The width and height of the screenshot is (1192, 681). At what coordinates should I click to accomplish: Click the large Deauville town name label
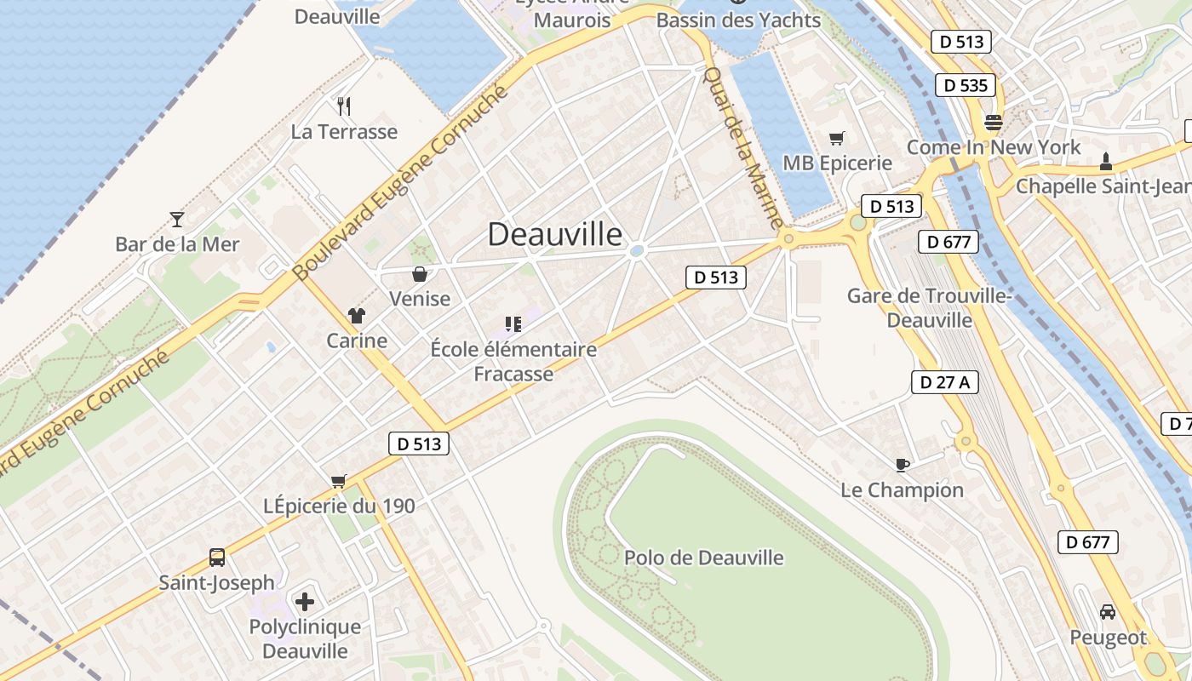point(555,235)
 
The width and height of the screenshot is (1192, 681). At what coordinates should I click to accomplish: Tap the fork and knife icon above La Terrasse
point(344,106)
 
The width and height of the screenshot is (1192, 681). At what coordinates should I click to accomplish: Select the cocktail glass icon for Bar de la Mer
point(177,220)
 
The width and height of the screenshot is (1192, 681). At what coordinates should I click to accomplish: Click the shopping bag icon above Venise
point(420,274)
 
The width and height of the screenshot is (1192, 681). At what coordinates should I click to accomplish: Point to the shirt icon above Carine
point(357,316)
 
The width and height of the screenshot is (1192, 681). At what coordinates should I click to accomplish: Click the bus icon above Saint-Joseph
point(217,558)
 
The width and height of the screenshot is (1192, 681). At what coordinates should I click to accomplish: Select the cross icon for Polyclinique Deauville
point(305,602)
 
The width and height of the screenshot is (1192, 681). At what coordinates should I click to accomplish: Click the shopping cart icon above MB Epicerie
point(837,138)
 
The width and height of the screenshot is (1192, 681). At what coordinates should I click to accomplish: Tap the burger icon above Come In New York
point(993,122)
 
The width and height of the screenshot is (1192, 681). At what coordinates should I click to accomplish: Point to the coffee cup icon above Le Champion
point(903,465)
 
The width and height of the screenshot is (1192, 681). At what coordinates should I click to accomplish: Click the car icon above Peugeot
point(1108,612)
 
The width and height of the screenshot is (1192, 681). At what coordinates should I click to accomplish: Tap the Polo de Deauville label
point(704,558)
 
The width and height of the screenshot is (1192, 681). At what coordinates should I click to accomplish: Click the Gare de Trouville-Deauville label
point(929,308)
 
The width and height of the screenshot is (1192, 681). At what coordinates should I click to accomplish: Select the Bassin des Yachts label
point(739,20)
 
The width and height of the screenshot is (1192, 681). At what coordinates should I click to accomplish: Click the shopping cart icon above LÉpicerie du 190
point(339,482)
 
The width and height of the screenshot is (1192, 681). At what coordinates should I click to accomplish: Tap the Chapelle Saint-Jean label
point(1103,186)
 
